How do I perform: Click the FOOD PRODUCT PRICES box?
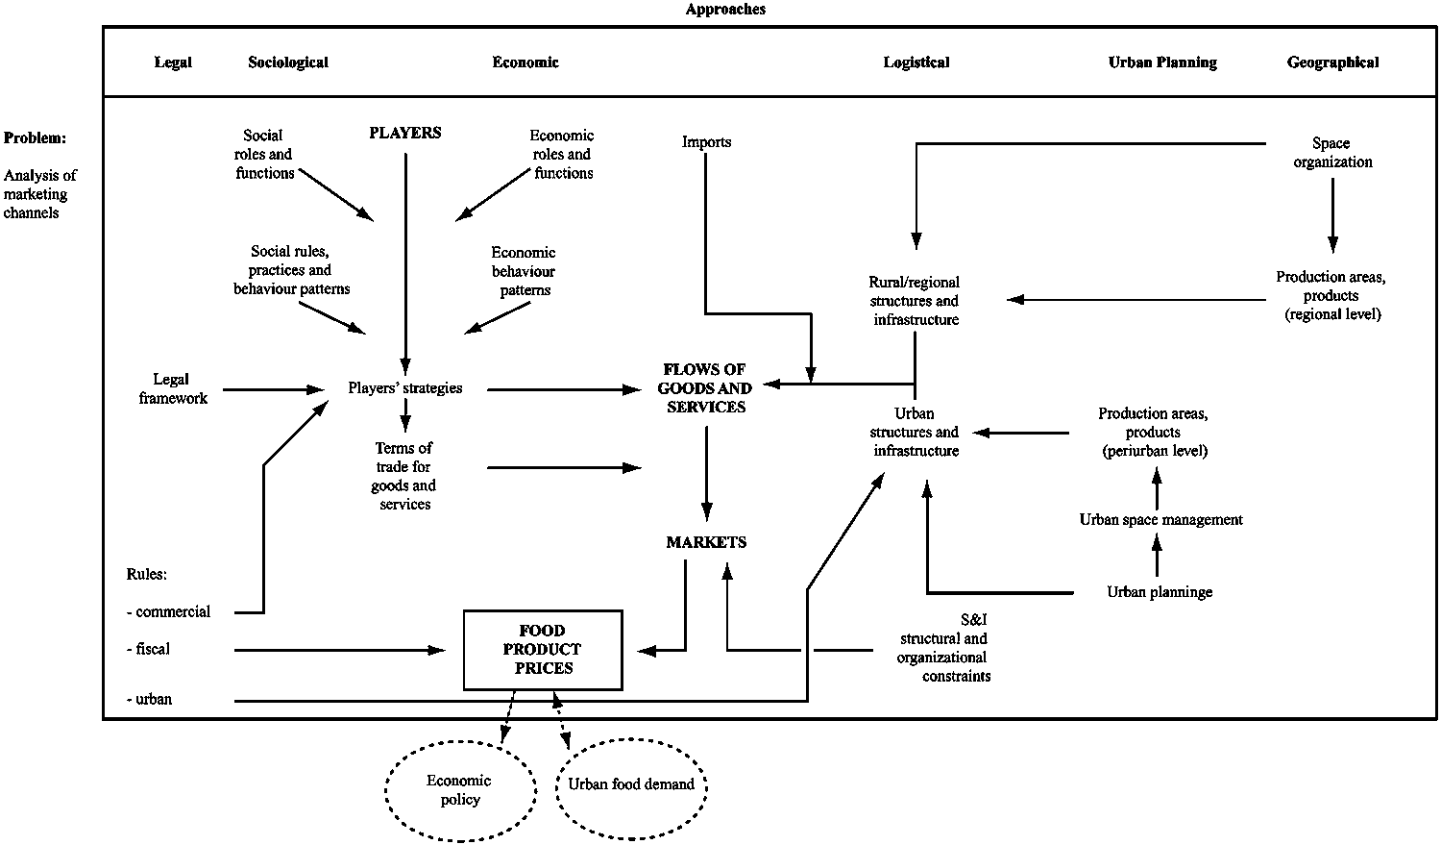point(543,650)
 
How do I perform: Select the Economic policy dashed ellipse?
point(460,790)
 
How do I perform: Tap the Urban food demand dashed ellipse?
point(631,784)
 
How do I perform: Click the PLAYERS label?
point(405,133)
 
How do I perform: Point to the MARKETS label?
point(706,542)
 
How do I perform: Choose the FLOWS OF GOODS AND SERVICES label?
point(705,388)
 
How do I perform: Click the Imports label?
point(706,142)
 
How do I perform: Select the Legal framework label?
point(172,389)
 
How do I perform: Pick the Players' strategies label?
point(404,388)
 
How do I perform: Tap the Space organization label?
point(1331,153)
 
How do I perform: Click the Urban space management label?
point(1160,520)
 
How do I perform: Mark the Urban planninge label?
point(1159,592)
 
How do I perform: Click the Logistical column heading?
point(916,62)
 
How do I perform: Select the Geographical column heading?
point(1332,62)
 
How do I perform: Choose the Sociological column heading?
point(287,62)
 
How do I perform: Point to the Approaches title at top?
point(725,10)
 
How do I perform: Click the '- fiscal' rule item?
point(149,650)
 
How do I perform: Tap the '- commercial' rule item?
point(168,612)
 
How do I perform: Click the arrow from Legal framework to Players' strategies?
point(274,390)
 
